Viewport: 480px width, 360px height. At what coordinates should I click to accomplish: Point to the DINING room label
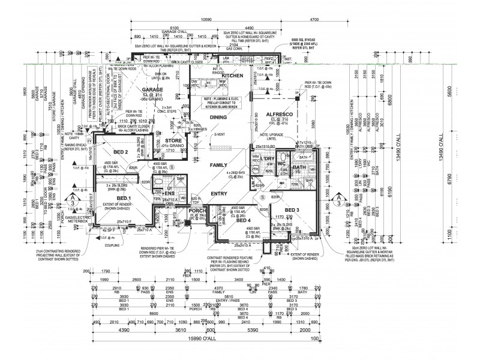coord(217,117)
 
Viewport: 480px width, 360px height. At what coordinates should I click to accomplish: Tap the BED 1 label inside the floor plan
coord(124,198)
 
